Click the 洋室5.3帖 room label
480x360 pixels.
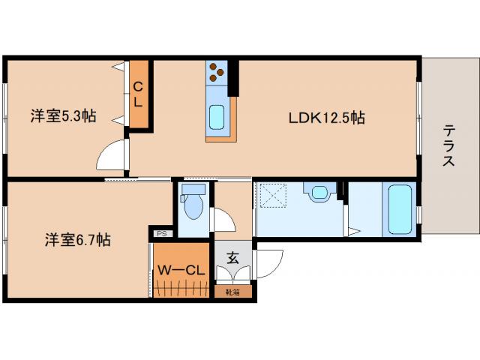pos(63,116)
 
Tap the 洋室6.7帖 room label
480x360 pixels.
pos(78,240)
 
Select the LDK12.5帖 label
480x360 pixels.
pos(327,118)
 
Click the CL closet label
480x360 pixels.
pos(138,94)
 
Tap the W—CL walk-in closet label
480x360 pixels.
pos(181,270)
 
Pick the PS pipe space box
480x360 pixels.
pos(162,233)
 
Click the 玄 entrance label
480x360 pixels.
pos(232,258)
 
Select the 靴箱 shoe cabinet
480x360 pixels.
pos(233,292)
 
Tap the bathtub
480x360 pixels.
pos(400,209)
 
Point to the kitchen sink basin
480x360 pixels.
pos(217,117)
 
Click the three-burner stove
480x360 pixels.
pos(217,73)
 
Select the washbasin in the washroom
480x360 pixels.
pos(319,193)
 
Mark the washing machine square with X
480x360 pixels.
pos(273,196)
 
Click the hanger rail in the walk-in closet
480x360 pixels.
pos(181,289)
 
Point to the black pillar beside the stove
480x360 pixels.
pos(233,78)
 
